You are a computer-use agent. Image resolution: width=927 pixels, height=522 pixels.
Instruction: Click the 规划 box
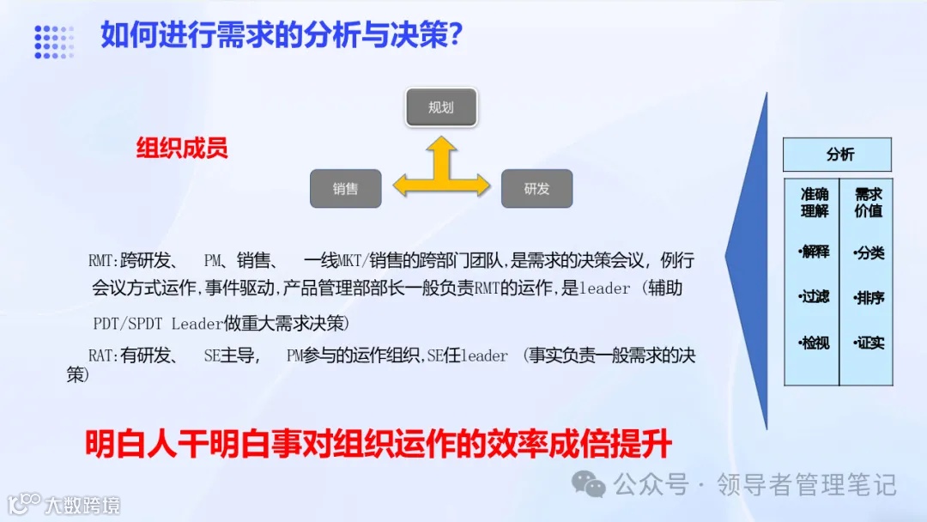click(440, 108)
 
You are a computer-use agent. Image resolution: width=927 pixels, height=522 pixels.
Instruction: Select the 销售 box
click(345, 188)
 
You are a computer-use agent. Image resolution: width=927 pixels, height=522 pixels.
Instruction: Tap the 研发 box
click(536, 188)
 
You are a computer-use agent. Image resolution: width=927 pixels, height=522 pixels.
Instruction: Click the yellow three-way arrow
click(440, 174)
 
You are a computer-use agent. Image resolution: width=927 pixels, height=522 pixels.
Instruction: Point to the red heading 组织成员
click(182, 148)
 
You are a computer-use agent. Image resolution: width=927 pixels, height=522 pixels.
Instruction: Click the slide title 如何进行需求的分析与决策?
click(282, 35)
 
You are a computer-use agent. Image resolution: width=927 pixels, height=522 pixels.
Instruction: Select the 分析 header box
click(837, 155)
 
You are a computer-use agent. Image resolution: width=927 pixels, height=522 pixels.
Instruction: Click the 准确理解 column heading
click(813, 203)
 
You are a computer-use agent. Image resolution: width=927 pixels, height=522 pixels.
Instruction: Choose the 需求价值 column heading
click(868, 203)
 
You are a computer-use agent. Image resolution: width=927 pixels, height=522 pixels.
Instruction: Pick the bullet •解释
click(814, 252)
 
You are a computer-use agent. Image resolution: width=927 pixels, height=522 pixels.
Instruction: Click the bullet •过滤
click(814, 297)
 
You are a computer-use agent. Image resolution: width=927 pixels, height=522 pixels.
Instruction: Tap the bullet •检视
click(814, 343)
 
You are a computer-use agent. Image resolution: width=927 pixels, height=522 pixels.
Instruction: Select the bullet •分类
click(868, 253)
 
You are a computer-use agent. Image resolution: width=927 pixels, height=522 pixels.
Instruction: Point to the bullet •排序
click(868, 298)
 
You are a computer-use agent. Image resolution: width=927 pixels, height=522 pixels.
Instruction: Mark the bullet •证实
click(868, 343)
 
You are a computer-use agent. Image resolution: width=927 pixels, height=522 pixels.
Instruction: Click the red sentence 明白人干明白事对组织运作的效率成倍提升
click(378, 445)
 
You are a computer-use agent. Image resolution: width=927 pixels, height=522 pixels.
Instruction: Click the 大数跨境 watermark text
click(82, 504)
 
